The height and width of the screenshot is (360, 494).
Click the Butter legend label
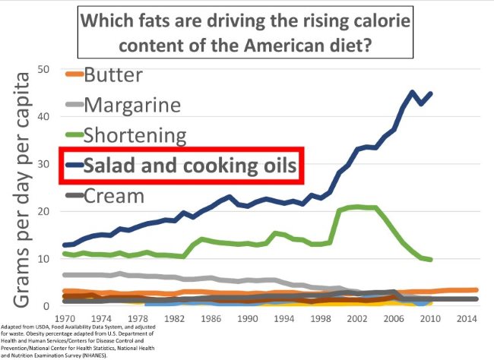point(124,74)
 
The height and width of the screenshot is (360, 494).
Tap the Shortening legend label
point(146,135)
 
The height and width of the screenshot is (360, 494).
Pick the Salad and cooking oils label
point(190,166)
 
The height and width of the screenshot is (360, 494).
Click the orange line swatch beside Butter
point(72,74)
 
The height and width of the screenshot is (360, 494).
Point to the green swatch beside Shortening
point(72,135)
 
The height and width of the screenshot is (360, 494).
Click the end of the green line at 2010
point(430,260)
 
